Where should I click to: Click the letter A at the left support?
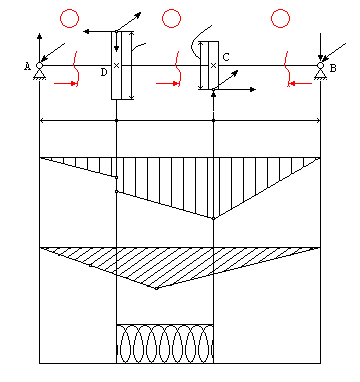[27, 67]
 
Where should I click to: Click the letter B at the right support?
[333, 68]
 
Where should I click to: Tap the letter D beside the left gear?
[104, 72]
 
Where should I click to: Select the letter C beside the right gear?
[226, 57]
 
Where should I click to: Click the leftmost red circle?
[70, 18]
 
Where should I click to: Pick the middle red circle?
[172, 18]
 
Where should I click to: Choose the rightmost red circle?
[280, 18]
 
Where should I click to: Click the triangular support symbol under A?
[39, 74]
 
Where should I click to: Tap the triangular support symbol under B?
[320, 74]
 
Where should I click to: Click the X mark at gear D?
[116, 66]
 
